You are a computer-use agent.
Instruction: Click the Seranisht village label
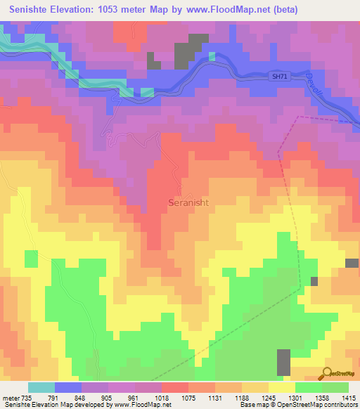tap(188, 202)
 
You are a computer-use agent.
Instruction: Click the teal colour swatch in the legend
tap(41, 388)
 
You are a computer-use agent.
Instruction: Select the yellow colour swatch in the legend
tap(281, 388)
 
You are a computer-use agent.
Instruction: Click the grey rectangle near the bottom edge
tap(283, 362)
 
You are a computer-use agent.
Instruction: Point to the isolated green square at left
tap(31, 259)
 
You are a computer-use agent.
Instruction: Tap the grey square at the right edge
tap(352, 263)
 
